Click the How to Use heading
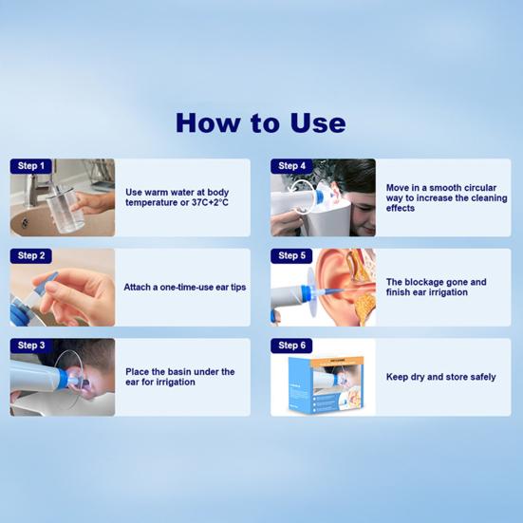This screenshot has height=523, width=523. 260,122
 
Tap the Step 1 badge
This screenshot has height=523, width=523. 31,166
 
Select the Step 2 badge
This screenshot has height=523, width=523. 31,256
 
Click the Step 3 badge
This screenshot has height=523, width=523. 31,346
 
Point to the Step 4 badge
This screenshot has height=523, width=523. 291,166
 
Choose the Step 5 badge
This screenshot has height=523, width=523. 291,256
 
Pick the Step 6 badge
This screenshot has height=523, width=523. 291,346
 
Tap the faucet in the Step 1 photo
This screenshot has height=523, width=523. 36,190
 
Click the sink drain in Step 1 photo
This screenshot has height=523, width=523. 25,222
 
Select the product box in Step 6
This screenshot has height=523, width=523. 326,385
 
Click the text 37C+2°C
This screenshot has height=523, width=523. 210,202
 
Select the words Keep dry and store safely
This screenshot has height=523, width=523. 441,377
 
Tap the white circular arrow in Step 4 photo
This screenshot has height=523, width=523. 302,196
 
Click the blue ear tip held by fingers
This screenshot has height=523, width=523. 49,281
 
